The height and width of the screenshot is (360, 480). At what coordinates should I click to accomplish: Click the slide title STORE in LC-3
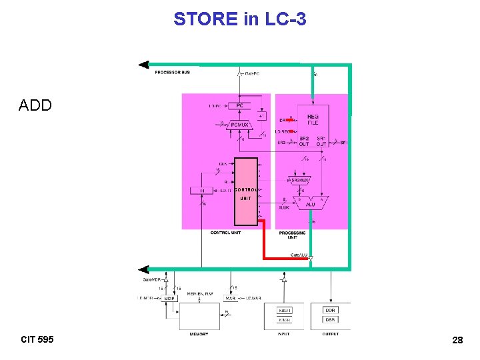[240, 19]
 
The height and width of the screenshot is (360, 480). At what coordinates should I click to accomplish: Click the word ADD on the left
[35, 105]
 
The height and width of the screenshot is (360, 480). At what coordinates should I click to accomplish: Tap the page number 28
[457, 341]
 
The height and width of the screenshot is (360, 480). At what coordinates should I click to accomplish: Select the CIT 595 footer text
[37, 340]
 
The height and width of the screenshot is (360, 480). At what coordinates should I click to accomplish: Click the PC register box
[239, 105]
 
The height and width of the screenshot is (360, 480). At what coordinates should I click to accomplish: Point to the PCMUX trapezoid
[239, 124]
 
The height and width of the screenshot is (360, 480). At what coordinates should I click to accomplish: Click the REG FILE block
[313, 119]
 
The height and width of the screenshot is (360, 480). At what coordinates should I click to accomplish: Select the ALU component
[311, 203]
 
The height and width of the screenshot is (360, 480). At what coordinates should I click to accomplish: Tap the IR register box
[201, 191]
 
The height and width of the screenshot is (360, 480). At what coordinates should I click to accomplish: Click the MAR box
[229, 298]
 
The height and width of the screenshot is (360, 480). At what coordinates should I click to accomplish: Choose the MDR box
[169, 298]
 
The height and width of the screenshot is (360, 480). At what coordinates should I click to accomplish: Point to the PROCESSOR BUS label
[172, 72]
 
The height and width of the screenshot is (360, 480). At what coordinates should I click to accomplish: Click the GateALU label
[299, 255]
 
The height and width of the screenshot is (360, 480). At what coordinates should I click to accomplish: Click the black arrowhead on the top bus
[143, 65]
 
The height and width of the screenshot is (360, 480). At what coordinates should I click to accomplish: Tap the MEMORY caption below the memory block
[199, 334]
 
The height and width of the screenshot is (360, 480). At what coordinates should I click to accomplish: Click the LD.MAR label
[255, 298]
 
